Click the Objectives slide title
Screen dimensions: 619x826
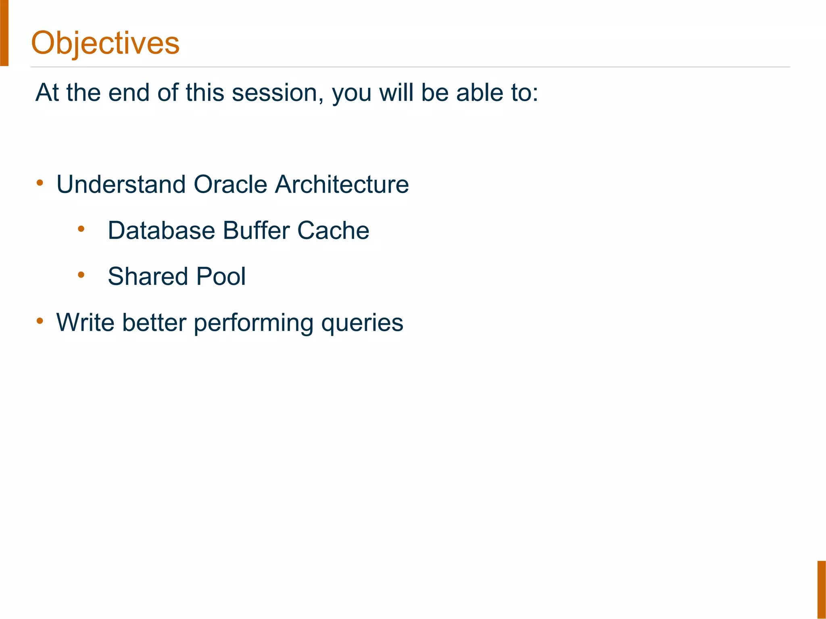tap(105, 43)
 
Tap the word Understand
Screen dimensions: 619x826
tap(121, 185)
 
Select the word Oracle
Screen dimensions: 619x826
tap(230, 185)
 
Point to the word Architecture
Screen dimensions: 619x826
tap(342, 185)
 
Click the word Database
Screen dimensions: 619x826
tap(161, 231)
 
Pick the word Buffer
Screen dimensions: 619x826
tap(256, 231)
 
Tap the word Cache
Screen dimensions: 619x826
tap(333, 231)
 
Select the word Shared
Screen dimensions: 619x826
tap(148, 276)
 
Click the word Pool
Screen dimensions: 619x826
tap(221, 276)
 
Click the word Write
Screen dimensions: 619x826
tap(85, 322)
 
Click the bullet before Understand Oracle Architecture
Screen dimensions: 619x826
tap(40, 183)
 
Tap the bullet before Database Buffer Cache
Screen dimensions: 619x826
tap(81, 229)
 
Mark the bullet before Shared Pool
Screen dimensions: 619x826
tap(81, 275)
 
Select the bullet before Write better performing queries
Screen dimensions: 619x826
tap(40, 321)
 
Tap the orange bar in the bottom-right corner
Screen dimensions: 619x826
tap(822, 589)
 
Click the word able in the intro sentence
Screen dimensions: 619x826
tap(480, 93)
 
